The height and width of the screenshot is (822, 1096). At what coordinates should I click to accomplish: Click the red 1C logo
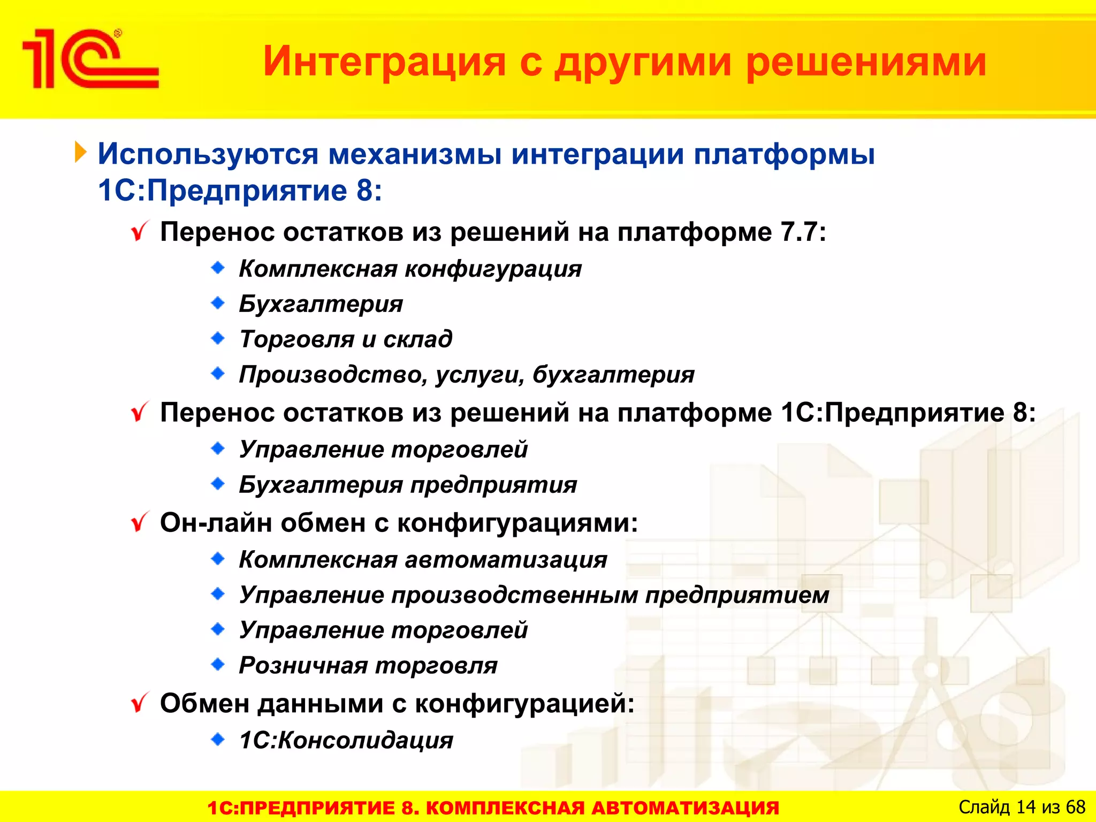(x=90, y=59)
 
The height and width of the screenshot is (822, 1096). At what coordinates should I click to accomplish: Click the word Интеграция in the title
(x=384, y=62)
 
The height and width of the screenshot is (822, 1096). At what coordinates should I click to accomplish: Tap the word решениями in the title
(x=866, y=62)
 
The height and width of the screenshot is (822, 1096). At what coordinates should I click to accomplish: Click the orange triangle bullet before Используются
(x=80, y=152)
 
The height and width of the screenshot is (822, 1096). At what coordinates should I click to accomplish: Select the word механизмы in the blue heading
(x=415, y=154)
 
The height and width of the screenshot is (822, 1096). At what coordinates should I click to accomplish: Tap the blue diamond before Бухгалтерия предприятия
(x=218, y=484)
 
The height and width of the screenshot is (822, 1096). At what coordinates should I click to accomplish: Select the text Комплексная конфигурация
(x=410, y=269)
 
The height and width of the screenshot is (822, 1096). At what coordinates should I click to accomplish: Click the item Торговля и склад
(x=346, y=339)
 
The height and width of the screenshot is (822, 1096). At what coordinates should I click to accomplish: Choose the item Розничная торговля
(x=368, y=666)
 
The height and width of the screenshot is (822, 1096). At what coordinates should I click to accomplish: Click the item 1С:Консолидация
(x=346, y=741)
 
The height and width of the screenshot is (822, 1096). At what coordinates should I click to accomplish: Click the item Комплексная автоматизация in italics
(x=423, y=560)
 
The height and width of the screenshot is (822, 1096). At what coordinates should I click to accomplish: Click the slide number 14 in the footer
(x=1026, y=807)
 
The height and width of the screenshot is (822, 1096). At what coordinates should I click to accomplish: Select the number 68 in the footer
(x=1075, y=807)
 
